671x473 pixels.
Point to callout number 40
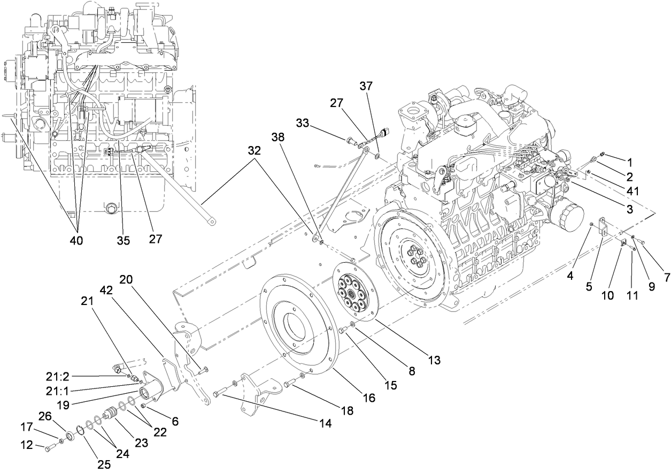pyautogui.click(x=77, y=240)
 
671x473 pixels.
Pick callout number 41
pyautogui.click(x=630, y=190)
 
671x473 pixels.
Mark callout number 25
pyautogui.click(x=104, y=464)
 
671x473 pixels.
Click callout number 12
pyautogui.click(x=26, y=444)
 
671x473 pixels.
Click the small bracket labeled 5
pyautogui.click(x=601, y=226)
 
